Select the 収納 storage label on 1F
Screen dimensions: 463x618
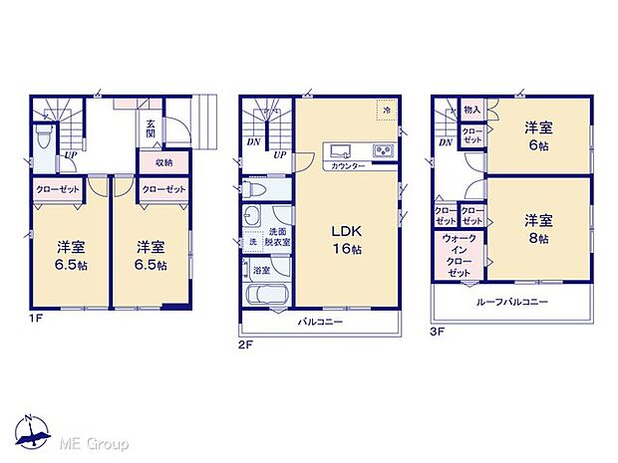click(162, 162)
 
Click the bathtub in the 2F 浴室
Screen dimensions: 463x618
click(264, 296)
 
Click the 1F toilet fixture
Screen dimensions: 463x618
click(41, 135)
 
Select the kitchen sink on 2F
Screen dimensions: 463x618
click(338, 151)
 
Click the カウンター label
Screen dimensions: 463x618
click(346, 165)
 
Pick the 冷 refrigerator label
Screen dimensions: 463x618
click(386, 110)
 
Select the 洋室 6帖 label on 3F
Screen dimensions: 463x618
click(540, 133)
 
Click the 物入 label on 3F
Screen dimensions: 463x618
click(472, 110)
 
